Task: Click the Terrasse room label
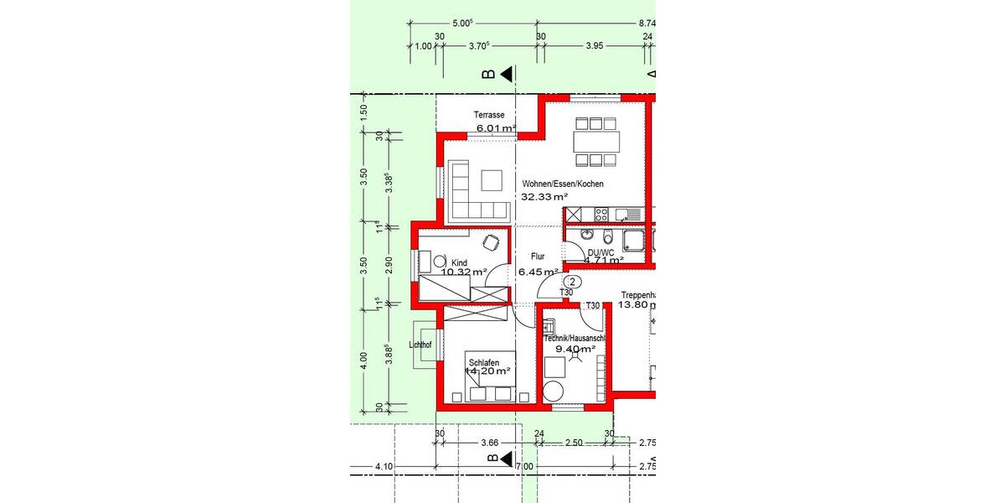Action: coord(489,115)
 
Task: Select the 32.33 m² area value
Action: coord(544,198)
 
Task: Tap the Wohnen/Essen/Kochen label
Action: coord(562,184)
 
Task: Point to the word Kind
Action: coord(459,262)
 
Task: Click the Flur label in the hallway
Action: coord(538,257)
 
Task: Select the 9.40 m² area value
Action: coord(569,349)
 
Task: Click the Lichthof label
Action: coord(420,345)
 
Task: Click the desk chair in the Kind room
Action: coord(492,242)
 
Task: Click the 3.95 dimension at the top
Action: coord(595,47)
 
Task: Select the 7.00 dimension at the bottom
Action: coord(524,466)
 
